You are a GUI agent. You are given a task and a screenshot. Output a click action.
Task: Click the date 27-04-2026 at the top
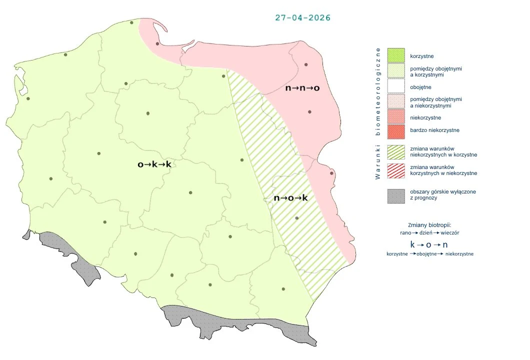(x=302, y=17)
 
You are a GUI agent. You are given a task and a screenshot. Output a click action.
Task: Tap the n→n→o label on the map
(x=302, y=88)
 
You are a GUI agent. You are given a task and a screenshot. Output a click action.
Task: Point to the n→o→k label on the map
(x=290, y=198)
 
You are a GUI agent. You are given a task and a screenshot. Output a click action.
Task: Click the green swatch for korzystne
(x=395, y=55)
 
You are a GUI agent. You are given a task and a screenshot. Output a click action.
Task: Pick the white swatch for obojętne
(x=395, y=86)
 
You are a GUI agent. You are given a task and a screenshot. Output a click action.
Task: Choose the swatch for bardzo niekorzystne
(x=395, y=130)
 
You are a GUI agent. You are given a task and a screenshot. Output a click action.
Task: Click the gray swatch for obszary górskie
(x=395, y=195)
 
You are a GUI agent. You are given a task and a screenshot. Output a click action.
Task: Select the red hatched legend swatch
(x=395, y=170)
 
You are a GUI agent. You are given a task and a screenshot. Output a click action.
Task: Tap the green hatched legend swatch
(x=395, y=151)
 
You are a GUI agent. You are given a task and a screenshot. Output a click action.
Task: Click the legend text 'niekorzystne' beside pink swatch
(x=425, y=117)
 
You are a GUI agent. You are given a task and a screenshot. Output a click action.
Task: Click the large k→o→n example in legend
(x=428, y=244)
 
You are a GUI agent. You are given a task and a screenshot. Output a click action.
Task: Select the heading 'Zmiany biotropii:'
(x=429, y=224)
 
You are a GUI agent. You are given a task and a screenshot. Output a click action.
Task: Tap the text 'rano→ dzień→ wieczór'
(x=429, y=232)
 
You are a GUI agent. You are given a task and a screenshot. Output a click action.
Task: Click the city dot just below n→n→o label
(x=310, y=112)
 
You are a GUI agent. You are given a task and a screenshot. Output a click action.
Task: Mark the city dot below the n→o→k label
(x=297, y=218)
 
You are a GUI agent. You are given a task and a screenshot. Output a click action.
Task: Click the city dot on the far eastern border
(x=331, y=173)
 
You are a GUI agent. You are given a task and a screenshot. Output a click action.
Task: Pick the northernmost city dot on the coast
(x=131, y=22)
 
